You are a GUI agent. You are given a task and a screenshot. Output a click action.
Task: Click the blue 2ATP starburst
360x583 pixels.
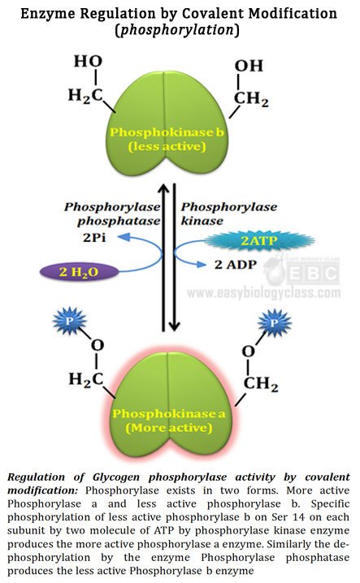(259, 240)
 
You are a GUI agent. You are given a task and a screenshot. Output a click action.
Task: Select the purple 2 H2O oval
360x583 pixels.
(79, 272)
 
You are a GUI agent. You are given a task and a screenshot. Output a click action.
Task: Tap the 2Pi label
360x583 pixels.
(94, 237)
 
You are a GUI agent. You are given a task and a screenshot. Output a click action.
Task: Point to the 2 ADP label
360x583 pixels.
(236, 265)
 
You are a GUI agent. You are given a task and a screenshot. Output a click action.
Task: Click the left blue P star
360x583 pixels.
(70, 321)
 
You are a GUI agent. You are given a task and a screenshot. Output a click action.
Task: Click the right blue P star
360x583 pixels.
(275, 322)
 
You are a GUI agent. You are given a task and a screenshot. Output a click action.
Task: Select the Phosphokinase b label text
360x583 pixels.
(167, 132)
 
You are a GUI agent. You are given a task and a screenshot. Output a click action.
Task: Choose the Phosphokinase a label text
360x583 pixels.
(169, 413)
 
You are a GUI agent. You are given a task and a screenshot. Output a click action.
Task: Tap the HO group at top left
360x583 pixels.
(88, 62)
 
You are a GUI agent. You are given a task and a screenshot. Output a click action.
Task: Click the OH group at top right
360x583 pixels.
(249, 66)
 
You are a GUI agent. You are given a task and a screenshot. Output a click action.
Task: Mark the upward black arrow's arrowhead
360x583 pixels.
(163, 189)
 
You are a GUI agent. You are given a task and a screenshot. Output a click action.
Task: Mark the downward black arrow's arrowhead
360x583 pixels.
(174, 326)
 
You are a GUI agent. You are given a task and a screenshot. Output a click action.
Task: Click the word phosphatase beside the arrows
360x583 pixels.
(119, 221)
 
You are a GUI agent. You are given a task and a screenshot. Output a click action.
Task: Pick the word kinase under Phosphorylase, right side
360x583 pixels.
(202, 221)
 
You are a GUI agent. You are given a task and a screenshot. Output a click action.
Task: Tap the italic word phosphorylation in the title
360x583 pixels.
(177, 29)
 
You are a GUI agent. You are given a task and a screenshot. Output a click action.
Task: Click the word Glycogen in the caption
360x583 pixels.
(115, 477)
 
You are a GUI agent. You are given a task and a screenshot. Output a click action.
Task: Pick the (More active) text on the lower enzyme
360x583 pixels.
(169, 428)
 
